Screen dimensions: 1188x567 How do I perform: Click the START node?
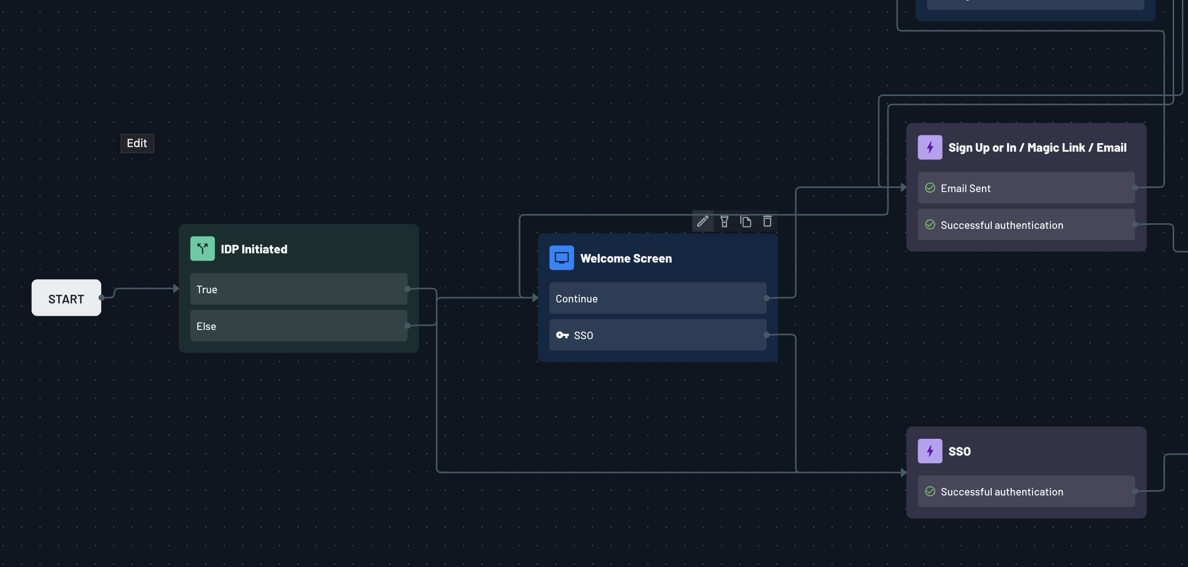[66, 298]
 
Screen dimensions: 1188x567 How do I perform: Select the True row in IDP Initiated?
[299, 289]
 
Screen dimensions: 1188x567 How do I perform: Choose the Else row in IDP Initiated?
[299, 326]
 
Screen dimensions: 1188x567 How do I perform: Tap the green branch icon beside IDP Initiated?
[202, 249]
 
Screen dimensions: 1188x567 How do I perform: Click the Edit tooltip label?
[137, 143]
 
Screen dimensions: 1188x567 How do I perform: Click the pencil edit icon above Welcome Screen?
[703, 221]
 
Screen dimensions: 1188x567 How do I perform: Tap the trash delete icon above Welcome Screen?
[767, 221]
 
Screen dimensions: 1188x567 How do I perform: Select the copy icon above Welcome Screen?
[746, 221]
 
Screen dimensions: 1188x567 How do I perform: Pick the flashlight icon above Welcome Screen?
[724, 221]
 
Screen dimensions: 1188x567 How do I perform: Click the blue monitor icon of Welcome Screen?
[562, 258]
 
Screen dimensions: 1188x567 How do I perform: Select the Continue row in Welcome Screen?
[658, 298]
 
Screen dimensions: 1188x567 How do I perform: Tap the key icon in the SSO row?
[562, 335]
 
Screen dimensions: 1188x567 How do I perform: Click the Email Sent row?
[1026, 188]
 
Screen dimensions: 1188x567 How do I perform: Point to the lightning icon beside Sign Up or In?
[930, 147]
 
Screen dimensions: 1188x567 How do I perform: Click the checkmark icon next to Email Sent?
[930, 188]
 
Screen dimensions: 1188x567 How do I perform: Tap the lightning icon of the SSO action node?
[930, 451]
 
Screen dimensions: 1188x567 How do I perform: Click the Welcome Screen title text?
[626, 258]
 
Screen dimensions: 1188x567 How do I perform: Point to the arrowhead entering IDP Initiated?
[176, 289]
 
